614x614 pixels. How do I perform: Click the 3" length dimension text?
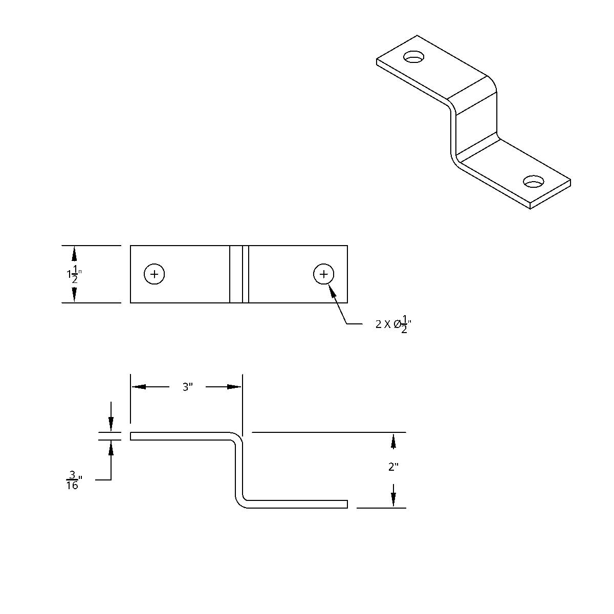[x=187, y=387]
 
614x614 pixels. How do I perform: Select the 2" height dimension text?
[x=393, y=467]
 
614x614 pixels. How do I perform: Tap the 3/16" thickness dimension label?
[x=73, y=480]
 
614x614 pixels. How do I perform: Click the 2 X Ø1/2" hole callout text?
[x=393, y=324]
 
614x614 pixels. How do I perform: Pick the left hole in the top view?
[x=154, y=274]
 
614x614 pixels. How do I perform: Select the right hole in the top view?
[x=323, y=274]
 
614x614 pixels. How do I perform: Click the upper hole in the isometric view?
[x=414, y=57]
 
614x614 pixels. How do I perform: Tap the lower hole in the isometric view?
[x=534, y=181]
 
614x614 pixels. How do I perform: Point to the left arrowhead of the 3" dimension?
[x=138, y=387]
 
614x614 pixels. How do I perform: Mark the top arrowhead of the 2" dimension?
[x=393, y=441]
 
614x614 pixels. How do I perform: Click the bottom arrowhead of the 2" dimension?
[x=393, y=500]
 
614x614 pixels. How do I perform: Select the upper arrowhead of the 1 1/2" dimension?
[x=74, y=253]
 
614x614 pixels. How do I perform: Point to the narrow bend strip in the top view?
[x=239, y=274]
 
